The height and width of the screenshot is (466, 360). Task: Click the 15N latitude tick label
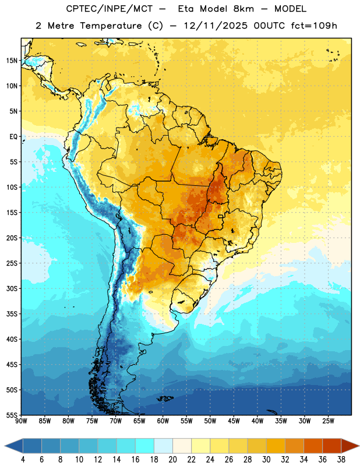(12, 61)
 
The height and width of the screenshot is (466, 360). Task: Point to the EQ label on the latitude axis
(13, 137)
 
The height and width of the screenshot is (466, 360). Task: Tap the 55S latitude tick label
(12, 415)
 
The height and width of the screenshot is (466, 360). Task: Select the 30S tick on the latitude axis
(12, 288)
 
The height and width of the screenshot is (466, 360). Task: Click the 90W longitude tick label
(21, 421)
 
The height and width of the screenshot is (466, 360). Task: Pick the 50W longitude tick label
(210, 421)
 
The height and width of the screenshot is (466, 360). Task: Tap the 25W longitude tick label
(328, 421)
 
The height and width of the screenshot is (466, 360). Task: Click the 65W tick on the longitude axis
(139, 421)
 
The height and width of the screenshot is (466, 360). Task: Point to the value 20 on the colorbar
(172, 460)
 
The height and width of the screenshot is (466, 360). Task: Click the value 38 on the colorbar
(341, 460)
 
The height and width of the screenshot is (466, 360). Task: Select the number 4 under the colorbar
(23, 460)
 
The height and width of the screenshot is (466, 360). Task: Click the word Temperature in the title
(111, 26)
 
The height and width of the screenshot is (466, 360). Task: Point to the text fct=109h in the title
(314, 26)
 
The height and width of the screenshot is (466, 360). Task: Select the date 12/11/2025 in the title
(216, 26)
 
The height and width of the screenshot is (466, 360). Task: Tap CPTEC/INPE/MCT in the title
(110, 9)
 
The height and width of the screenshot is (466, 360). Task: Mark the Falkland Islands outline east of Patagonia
(165, 398)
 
